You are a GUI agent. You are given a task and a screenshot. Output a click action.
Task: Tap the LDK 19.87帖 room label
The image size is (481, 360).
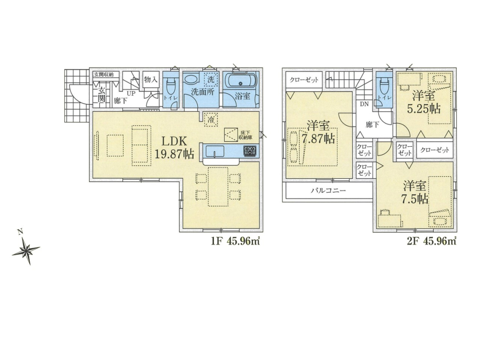(174, 147)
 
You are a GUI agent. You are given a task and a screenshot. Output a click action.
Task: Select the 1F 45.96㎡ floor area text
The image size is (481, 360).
(235, 242)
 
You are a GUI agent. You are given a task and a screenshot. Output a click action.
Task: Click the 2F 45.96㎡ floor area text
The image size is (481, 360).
(431, 242)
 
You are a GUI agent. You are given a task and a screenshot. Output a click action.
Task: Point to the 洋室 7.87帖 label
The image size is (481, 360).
(318, 132)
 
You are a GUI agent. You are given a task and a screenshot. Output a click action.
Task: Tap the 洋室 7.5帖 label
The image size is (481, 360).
(415, 192)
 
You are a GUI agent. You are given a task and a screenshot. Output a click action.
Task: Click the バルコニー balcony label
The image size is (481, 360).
(328, 190)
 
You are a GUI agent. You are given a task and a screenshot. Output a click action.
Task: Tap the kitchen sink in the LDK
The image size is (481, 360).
(215, 151)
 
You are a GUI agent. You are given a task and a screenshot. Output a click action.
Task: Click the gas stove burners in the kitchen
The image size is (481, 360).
(250, 150)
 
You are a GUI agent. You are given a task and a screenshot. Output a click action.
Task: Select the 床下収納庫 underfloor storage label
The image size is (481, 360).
(246, 135)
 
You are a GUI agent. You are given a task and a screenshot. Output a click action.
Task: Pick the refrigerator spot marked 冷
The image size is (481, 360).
(211, 119)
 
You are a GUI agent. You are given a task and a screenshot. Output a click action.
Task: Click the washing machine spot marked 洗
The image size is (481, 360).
(211, 80)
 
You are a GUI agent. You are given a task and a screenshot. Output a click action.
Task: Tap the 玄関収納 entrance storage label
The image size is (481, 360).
(104, 74)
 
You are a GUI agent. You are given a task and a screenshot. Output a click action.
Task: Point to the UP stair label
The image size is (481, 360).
(131, 94)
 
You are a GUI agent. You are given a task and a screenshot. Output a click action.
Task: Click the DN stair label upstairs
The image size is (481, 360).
(364, 104)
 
